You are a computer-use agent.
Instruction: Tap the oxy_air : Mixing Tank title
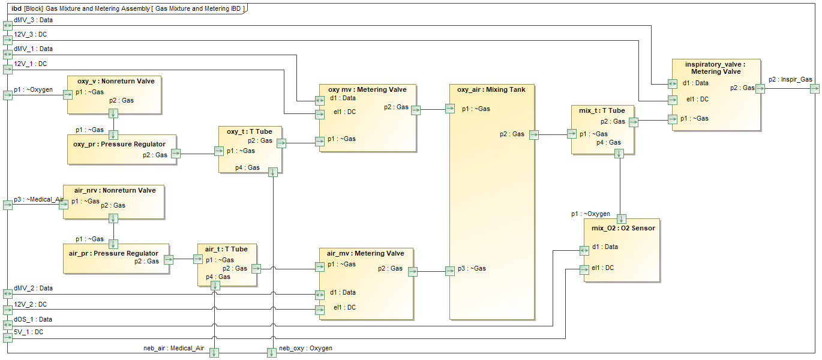coord(491,90)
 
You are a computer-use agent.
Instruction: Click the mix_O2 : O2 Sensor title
coord(623,228)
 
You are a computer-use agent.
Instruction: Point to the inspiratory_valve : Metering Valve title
coord(715,67)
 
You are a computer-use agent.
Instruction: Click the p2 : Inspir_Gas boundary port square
coord(814,89)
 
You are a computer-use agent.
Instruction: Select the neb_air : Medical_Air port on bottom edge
coord(214,353)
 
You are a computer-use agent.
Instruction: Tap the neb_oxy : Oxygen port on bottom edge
coord(271,353)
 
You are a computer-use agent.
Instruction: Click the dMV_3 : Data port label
coord(33,20)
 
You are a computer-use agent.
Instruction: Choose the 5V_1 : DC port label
coord(28,332)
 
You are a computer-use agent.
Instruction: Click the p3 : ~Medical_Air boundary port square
coord(7,205)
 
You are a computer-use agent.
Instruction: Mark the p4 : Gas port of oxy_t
coord(273,172)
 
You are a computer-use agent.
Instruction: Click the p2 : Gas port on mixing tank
coord(533,135)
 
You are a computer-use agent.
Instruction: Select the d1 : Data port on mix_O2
coord(584,250)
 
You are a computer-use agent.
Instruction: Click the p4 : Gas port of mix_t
coord(619,153)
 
